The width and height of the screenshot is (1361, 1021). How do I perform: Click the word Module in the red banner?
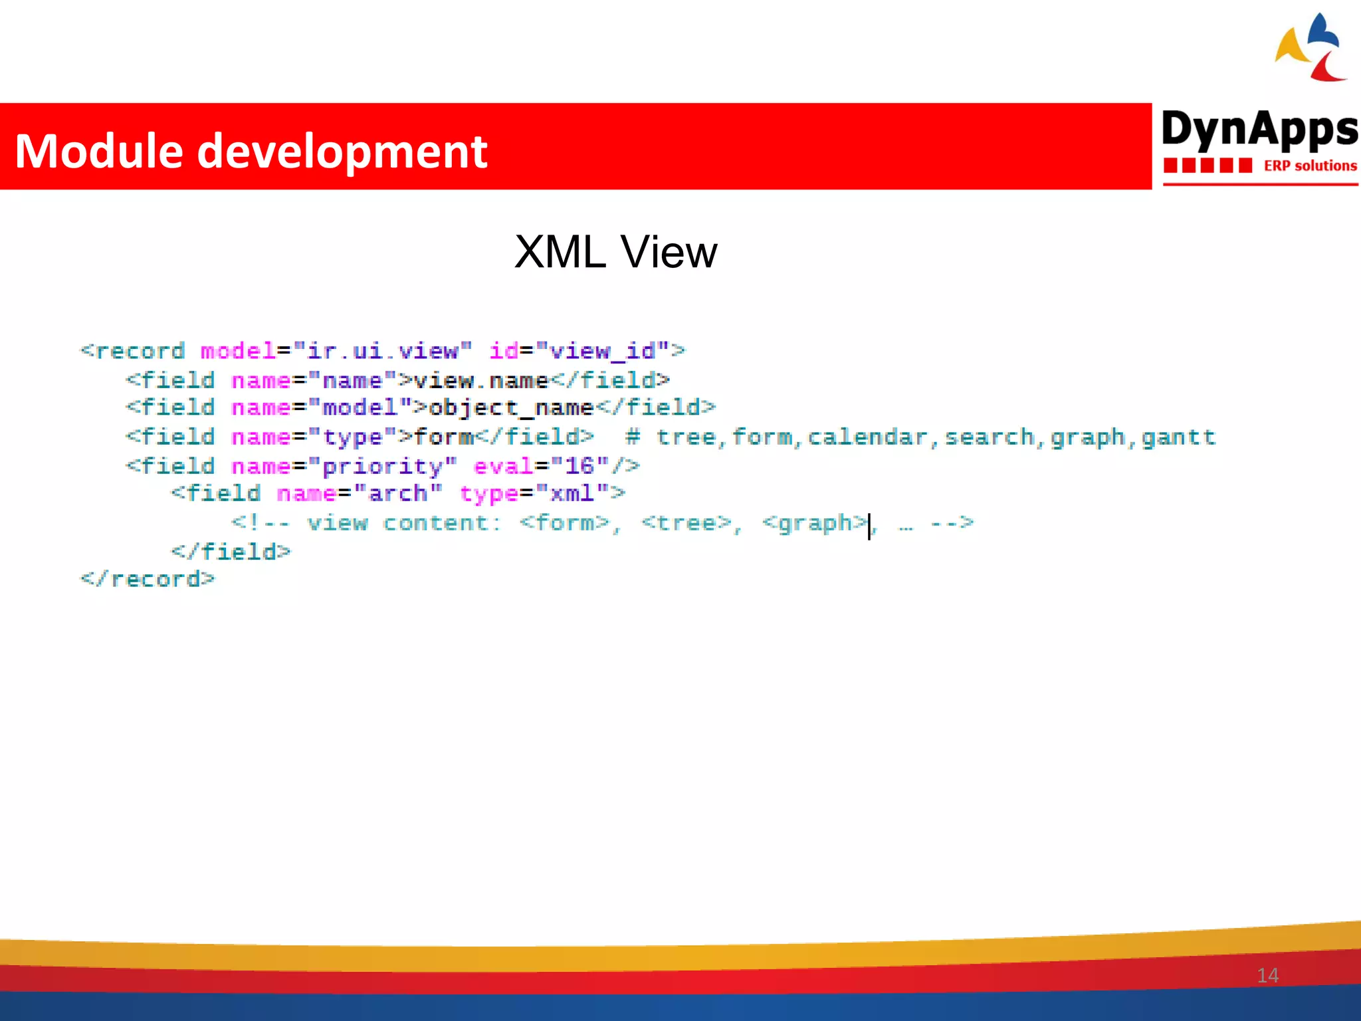(x=98, y=152)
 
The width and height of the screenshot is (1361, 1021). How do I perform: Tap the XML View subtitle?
(x=615, y=253)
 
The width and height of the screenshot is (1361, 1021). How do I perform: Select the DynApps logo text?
(x=1259, y=129)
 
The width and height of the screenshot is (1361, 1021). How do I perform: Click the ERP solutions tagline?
(x=1309, y=166)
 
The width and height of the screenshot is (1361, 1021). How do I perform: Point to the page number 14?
(x=1267, y=975)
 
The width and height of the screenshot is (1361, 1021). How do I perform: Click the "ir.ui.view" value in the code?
(x=382, y=351)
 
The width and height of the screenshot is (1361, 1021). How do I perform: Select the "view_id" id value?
(x=602, y=351)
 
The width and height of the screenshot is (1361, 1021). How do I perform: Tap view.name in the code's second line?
(x=480, y=380)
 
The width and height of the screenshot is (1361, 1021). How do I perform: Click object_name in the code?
(x=510, y=407)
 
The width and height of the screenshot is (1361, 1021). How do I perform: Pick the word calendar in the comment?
(x=867, y=437)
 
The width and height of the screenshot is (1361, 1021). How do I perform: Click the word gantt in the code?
(x=1178, y=437)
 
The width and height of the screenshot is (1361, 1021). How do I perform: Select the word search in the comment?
(x=990, y=437)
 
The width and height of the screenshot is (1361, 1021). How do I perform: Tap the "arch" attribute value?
(x=397, y=494)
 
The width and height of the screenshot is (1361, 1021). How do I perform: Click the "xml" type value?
(x=572, y=494)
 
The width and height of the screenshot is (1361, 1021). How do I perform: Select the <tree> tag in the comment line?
(x=686, y=523)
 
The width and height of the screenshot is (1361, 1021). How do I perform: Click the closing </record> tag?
(x=148, y=580)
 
